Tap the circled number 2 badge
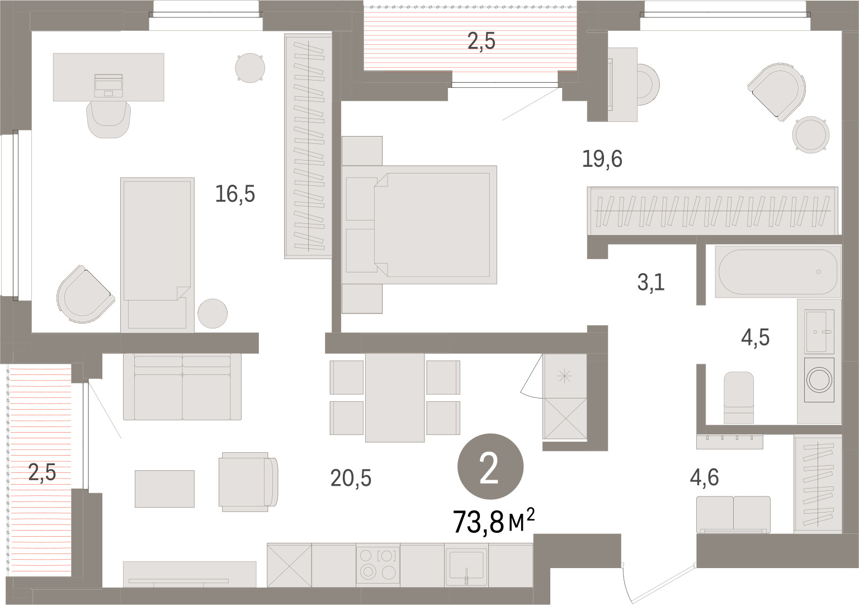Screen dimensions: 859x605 [x=490, y=466]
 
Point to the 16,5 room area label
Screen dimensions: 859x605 [x=235, y=194]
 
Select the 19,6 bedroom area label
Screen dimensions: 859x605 [x=602, y=158]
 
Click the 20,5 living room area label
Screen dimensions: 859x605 [x=351, y=479]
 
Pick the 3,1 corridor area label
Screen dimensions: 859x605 [x=651, y=282]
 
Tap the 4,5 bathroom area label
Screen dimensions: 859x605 [x=755, y=338]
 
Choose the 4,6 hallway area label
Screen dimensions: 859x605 [x=705, y=477]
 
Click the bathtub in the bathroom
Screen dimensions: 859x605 [x=778, y=272]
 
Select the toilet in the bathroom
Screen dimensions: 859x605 [x=739, y=397]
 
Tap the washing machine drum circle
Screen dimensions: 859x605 [x=819, y=379]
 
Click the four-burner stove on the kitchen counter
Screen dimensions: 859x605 [x=377, y=564]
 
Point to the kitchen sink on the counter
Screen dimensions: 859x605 [x=466, y=565]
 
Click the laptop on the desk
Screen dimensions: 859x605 [x=108, y=86]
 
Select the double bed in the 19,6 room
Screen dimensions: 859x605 [x=419, y=224]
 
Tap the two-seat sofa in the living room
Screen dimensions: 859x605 [x=182, y=387]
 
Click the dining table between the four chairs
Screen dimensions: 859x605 [x=395, y=398]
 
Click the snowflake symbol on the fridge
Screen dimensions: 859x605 [x=564, y=376]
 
